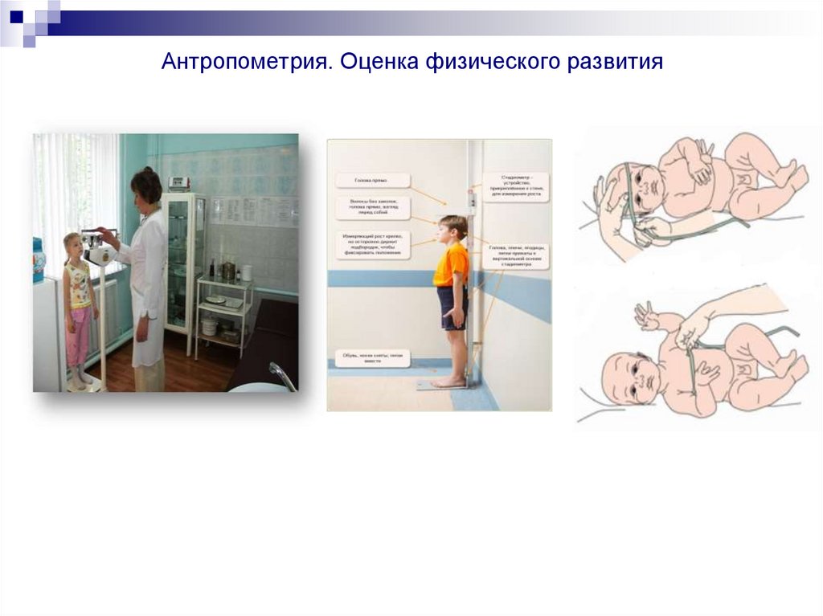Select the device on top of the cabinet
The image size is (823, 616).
179,184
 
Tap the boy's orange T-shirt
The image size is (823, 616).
450,264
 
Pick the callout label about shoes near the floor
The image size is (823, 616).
372,357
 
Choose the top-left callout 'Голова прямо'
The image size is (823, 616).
372,181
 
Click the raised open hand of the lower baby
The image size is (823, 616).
645,316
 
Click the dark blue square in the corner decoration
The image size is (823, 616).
17,14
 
